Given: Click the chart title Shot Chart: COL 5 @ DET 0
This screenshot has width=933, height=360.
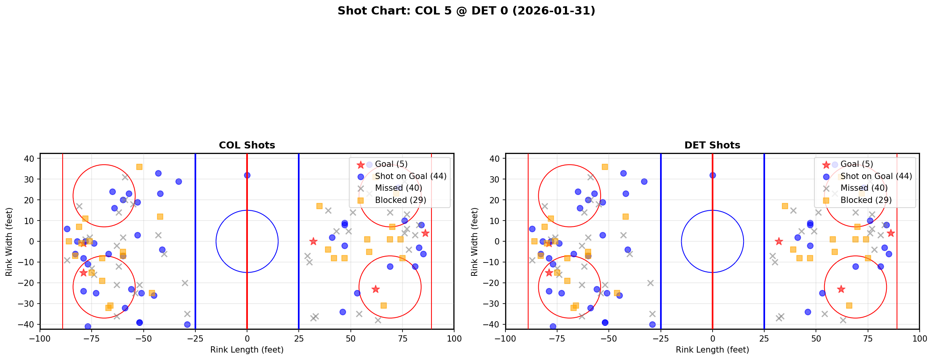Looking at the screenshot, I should point(466,11).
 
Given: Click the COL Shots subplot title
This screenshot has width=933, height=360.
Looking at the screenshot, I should point(247,145).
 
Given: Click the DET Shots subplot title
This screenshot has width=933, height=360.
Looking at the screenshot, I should point(712,145).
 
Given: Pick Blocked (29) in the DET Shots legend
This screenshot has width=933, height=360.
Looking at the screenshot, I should point(866,200).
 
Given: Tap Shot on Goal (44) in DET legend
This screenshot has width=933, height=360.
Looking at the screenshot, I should point(876,176).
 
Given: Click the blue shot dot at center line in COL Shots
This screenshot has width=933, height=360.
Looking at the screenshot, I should point(247,175).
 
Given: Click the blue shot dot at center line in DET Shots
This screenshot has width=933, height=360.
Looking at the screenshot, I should point(713,175).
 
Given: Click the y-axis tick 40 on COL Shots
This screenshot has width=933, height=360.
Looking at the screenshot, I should point(31,159).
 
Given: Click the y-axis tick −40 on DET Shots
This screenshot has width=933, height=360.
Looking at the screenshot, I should point(494,324).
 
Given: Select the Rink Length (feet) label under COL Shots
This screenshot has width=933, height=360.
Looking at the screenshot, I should point(247,350).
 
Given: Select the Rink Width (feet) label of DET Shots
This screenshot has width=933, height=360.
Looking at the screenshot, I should point(475,242).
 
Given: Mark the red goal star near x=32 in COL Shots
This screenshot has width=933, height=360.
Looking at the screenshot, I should point(313,241).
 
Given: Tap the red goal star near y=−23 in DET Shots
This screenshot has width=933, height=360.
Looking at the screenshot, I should point(841,289).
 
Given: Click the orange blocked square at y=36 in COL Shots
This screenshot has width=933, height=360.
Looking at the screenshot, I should point(139,167).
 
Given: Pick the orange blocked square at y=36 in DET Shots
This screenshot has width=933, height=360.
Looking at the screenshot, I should point(605,167).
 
